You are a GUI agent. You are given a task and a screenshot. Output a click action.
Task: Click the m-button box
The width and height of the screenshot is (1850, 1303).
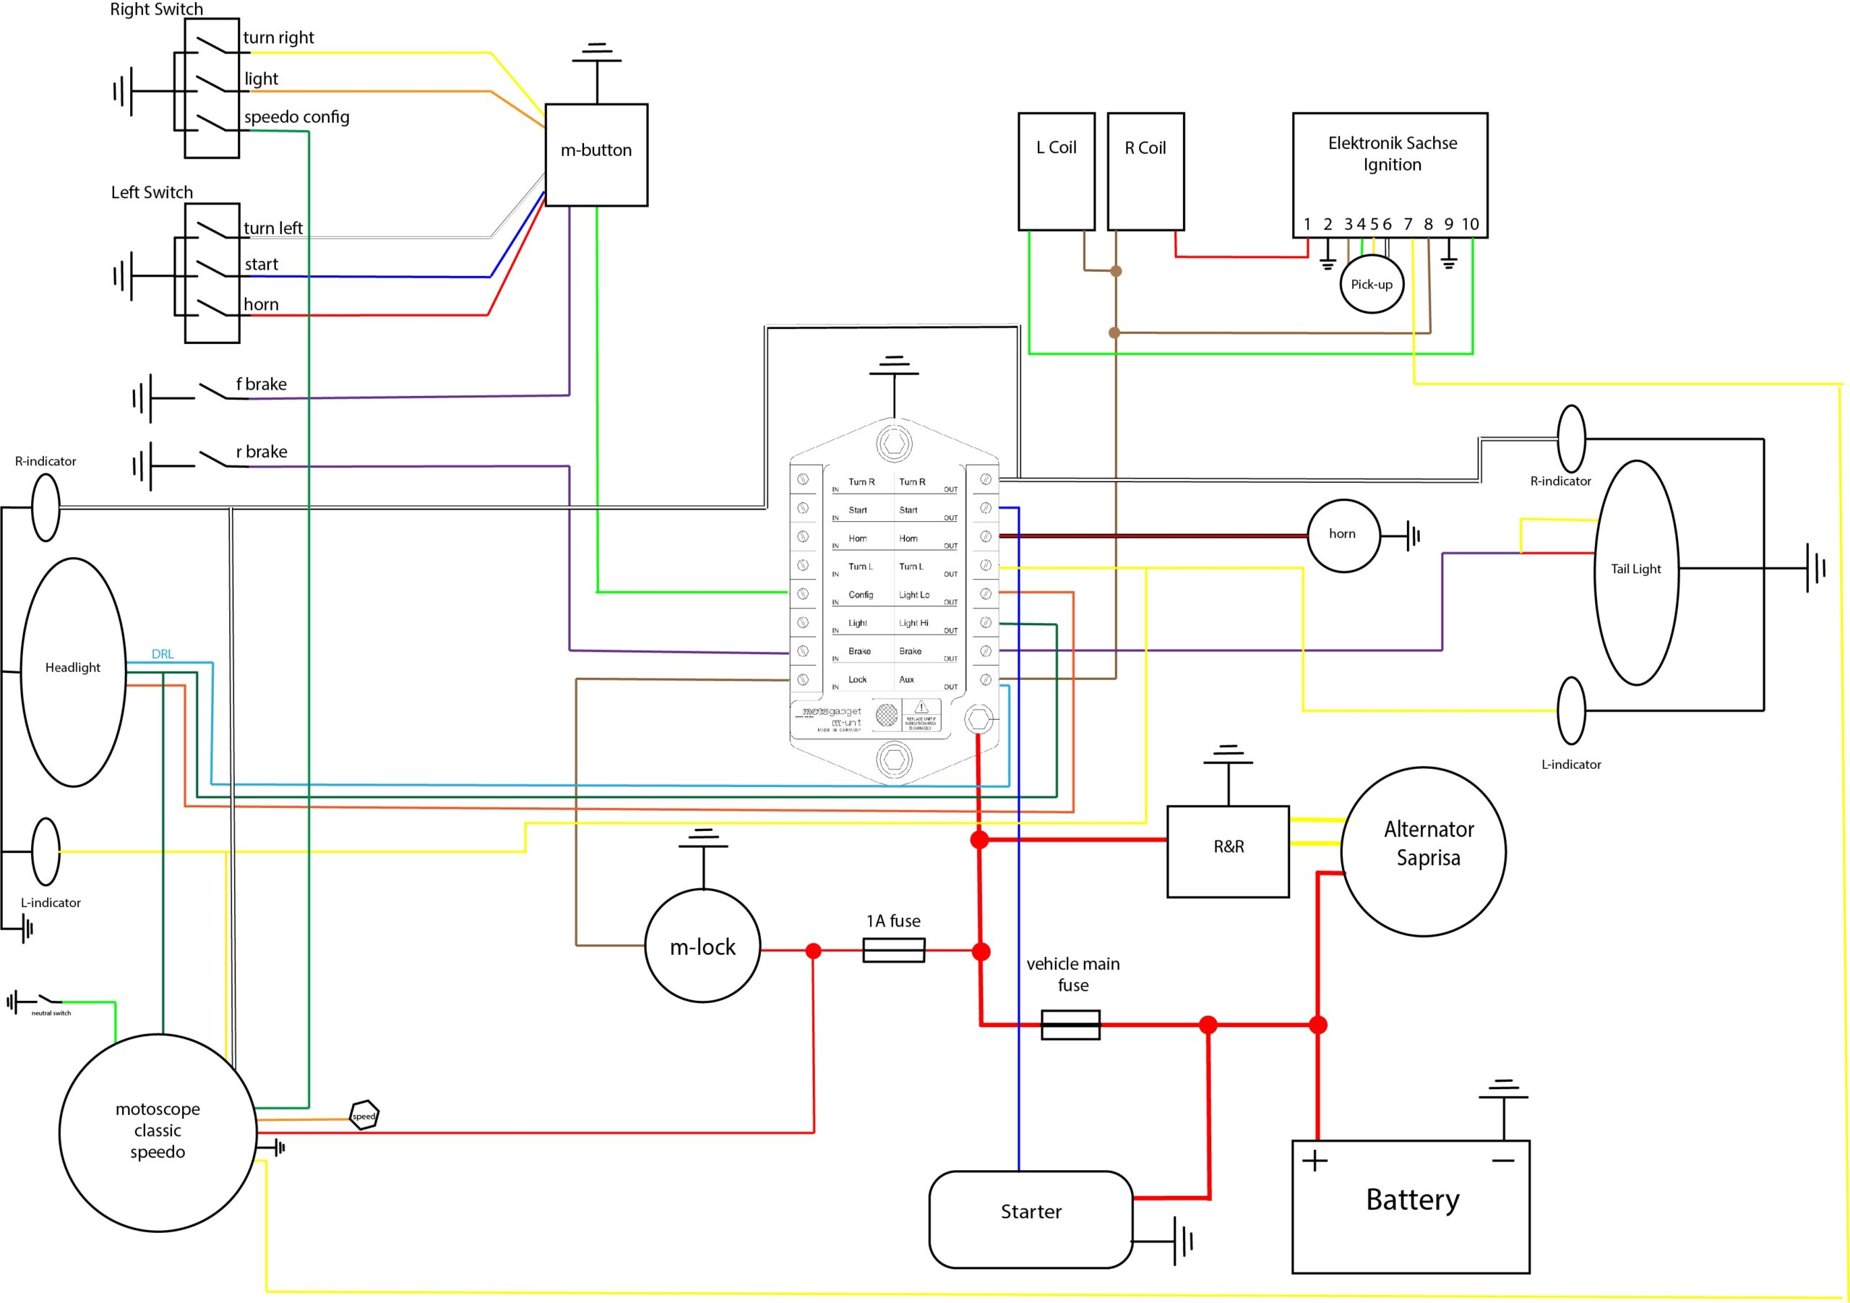pos(596,155)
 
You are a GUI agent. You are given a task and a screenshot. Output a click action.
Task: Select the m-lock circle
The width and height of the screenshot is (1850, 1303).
pos(702,946)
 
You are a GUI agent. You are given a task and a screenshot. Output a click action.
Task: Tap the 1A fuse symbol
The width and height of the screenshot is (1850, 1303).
pos(894,950)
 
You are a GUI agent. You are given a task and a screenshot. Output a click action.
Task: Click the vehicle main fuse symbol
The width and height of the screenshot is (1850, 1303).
pos(1070,1024)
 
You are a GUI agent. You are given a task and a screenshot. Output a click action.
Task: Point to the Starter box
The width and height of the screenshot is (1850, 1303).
pos(1031,1219)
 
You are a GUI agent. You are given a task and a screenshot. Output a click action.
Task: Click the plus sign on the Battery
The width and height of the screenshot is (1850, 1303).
pos(1315,1161)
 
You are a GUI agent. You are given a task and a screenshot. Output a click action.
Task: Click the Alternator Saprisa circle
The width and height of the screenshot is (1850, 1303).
pos(1423,851)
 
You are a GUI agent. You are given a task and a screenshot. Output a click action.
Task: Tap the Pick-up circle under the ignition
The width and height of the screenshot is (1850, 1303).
pos(1372,285)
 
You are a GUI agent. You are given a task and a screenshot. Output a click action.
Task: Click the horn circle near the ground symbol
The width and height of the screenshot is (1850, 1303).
pos(1343,535)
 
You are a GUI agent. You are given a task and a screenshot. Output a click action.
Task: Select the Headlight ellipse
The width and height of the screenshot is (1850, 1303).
pos(72,671)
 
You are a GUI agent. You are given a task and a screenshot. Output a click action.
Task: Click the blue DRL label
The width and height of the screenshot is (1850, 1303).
pos(163,654)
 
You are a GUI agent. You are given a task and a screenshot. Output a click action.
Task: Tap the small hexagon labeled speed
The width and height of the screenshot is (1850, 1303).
pos(364,1115)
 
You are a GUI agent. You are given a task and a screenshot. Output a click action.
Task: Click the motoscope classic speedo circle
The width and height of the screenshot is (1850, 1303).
pos(158,1132)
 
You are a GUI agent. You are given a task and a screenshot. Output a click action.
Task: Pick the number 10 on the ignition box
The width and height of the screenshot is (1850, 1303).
pos(1470,224)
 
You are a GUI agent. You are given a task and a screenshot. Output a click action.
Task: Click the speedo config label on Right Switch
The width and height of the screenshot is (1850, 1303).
pos(296,117)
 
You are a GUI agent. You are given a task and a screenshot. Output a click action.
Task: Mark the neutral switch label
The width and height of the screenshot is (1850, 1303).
pos(51,1013)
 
